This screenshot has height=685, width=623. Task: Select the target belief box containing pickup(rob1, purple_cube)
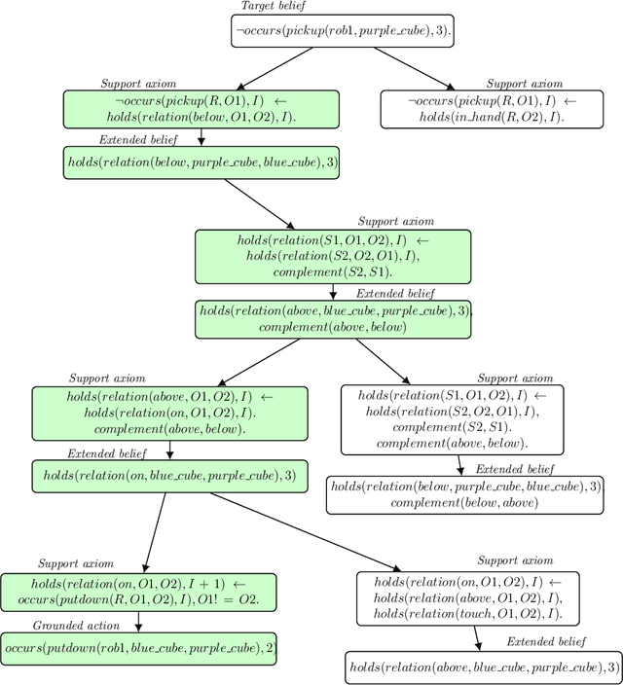click(344, 31)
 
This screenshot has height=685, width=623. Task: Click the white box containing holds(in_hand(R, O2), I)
click(492, 110)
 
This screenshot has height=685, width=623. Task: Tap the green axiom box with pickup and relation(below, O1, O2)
click(202, 110)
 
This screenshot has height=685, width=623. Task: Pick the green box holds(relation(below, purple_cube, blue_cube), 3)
click(202, 162)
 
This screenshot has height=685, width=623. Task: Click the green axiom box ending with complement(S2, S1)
click(332, 256)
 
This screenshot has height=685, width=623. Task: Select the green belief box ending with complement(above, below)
click(332, 318)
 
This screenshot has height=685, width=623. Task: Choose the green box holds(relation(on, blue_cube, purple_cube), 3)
click(168, 477)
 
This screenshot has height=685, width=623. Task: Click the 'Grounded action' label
click(73, 626)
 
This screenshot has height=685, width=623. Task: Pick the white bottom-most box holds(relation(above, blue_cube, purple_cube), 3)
click(482, 667)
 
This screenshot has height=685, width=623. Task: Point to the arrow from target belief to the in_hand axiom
click(414, 68)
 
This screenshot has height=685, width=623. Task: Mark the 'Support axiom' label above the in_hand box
click(525, 84)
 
